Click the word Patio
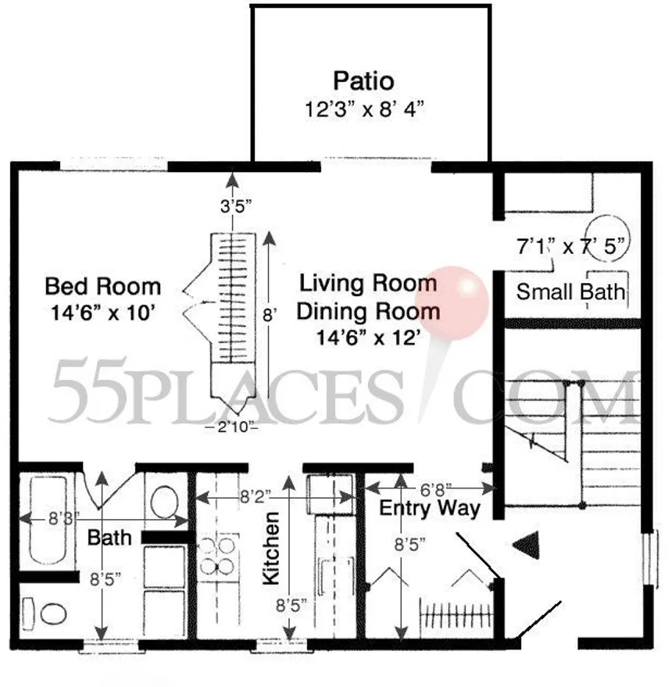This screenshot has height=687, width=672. pos(363,81)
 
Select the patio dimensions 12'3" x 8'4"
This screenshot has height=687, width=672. pos(364,108)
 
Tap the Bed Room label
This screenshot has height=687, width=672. pos(102,285)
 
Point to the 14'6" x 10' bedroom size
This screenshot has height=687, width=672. pos(102,313)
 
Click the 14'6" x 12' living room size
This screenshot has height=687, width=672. pos(368,338)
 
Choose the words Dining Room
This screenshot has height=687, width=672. pos(368,311)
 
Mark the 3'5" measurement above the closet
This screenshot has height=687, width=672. pos(232,209)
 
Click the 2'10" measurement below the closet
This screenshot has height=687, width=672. pos(232,427)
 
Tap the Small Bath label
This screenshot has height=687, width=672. pos(571,292)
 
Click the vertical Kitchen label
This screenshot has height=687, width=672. pos(271,549)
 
